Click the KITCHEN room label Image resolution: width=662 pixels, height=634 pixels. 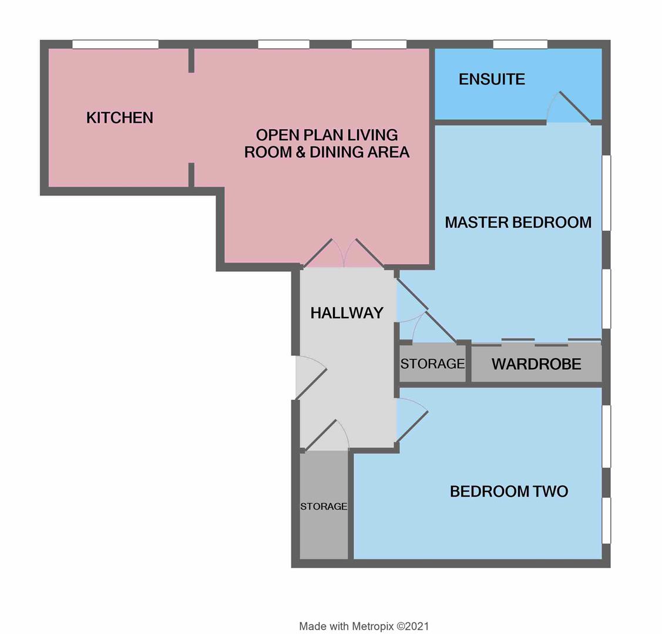tap(119, 117)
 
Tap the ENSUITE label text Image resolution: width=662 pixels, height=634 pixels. tap(492, 79)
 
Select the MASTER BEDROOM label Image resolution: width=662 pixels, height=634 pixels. tap(518, 222)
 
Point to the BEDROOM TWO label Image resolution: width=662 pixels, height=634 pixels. tap(509, 491)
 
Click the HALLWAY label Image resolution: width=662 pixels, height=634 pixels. tap(347, 313)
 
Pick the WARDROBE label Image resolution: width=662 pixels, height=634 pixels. tap(536, 364)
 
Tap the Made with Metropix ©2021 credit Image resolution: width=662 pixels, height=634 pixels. tap(364, 626)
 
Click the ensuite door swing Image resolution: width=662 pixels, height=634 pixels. tap(568, 107)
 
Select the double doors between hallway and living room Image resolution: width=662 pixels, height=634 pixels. tap(344, 253)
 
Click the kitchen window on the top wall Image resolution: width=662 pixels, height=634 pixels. tap(115, 44)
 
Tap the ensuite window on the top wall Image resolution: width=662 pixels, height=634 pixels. tap(520, 44)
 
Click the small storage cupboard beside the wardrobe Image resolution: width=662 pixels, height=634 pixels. tap(433, 363)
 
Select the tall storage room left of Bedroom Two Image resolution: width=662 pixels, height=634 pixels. tap(324, 506)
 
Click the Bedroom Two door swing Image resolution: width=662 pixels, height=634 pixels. tap(412, 420)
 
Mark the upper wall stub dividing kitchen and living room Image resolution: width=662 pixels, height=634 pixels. tap(191, 60)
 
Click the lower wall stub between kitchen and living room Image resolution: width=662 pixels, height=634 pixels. tap(191, 174)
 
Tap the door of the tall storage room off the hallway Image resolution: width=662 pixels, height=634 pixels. tap(327, 435)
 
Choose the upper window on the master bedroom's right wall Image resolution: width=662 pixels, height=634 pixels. tap(606, 193)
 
